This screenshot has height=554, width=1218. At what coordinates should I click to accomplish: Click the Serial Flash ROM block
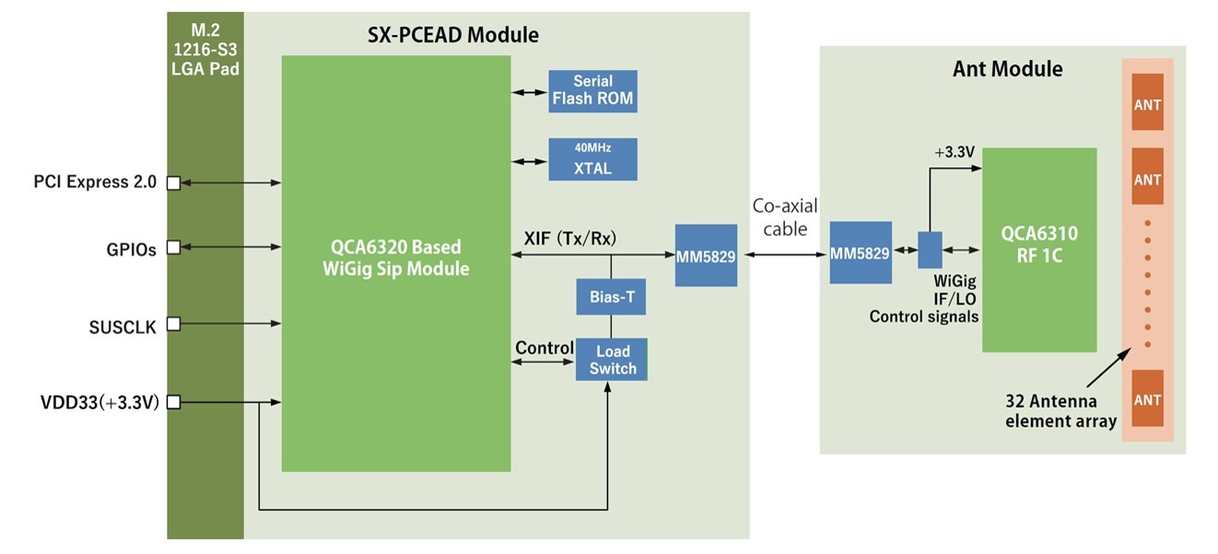click(592, 90)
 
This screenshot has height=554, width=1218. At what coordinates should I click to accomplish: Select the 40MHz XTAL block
click(592, 159)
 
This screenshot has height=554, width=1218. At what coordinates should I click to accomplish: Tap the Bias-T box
click(611, 298)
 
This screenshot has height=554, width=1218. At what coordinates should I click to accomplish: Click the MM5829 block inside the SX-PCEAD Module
click(706, 255)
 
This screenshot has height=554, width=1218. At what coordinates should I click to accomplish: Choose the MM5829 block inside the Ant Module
click(860, 253)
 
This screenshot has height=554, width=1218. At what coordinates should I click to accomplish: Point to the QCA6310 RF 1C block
click(1038, 249)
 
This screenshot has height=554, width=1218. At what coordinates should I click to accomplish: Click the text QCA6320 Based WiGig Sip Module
click(395, 258)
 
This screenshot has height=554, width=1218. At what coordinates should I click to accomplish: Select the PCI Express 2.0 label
click(95, 182)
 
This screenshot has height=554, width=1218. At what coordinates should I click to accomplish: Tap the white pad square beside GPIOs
click(172, 248)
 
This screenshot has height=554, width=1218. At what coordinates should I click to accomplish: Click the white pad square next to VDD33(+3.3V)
click(172, 402)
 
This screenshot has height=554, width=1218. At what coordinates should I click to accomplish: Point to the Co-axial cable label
click(784, 216)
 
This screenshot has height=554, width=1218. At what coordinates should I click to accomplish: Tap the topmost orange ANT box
click(1147, 105)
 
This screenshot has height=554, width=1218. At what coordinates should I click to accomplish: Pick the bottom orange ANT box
click(1147, 399)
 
